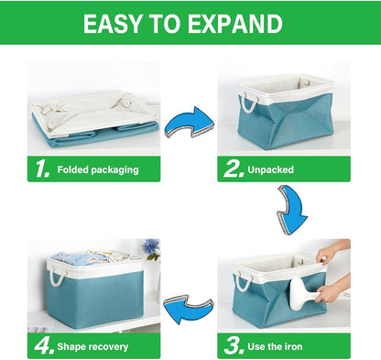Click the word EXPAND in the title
pyautogui.click(x=230, y=24)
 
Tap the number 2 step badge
pyautogui.click(x=232, y=169)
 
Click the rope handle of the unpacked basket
pyautogui.click(x=247, y=97)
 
